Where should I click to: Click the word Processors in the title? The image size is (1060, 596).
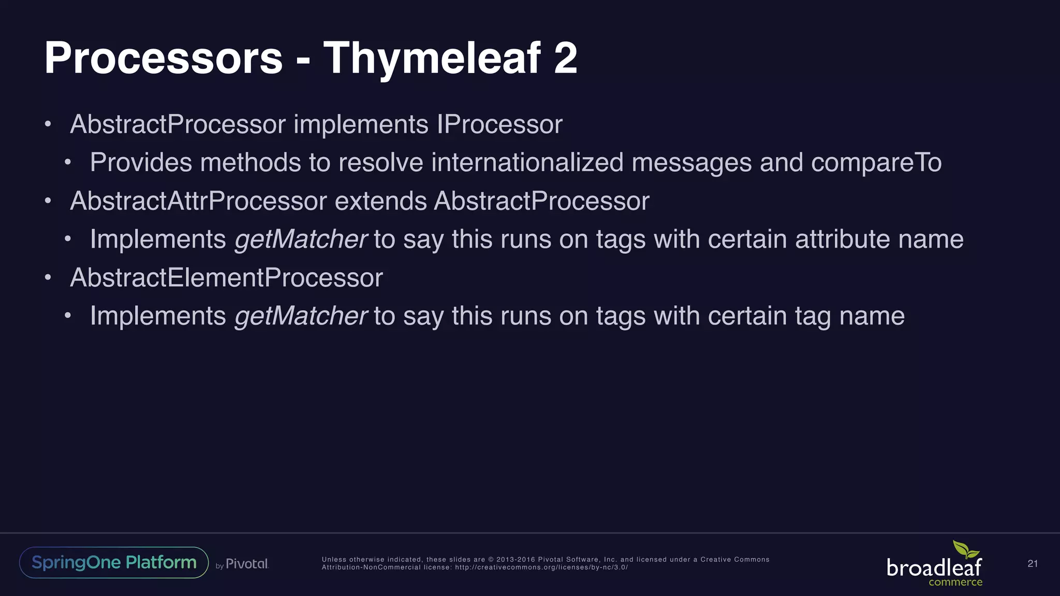[164, 58]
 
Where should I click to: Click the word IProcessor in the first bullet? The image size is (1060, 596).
[499, 125]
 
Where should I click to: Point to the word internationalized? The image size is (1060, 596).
[527, 162]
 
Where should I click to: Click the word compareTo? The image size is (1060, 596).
[876, 162]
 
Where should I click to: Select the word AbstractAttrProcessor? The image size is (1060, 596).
[198, 201]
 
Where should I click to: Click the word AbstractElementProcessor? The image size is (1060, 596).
[226, 278]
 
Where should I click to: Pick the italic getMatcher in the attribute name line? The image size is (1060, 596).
[301, 240]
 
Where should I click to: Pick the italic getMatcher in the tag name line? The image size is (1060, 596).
[301, 316]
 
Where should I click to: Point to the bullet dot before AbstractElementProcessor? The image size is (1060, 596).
[48, 278]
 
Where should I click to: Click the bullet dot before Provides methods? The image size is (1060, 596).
[67, 163]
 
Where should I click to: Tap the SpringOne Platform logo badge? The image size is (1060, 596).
[114, 562]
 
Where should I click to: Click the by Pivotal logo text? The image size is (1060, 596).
[242, 564]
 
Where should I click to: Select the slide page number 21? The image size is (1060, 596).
[1032, 564]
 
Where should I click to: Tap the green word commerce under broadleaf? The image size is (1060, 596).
[955, 583]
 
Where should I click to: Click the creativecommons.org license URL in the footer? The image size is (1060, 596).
[541, 568]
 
